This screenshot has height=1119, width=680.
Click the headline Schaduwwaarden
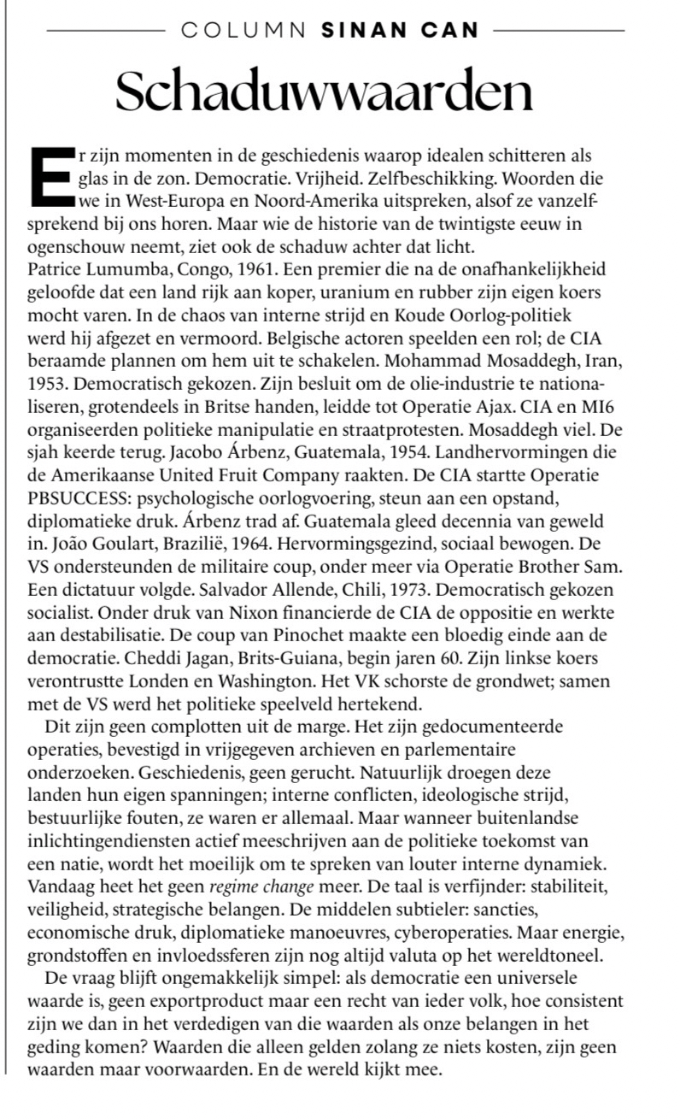[324, 91]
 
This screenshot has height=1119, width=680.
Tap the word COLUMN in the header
[243, 31]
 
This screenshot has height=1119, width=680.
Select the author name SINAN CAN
[400, 31]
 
